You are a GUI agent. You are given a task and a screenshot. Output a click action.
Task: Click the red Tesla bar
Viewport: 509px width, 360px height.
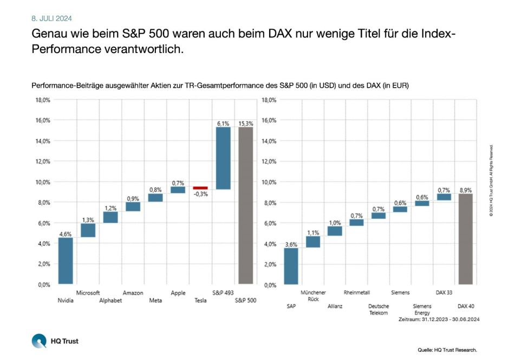coord(200,188)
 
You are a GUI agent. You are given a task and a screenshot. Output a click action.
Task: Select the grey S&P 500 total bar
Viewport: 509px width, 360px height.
coord(246,206)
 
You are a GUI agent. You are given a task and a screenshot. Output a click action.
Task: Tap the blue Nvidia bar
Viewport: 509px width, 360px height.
coord(66,261)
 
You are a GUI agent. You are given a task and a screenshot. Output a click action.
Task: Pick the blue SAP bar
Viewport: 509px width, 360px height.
coord(291,266)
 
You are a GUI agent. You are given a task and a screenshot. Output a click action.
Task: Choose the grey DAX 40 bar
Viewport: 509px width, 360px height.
coord(466,239)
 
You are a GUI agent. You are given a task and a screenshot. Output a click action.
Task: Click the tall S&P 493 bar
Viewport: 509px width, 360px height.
coord(223,158)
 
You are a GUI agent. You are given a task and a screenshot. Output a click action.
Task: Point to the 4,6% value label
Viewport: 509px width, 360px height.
coord(66,234)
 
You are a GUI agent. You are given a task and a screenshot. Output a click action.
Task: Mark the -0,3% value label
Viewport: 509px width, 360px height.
coord(200,194)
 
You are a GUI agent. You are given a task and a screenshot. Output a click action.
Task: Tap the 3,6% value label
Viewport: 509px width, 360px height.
coord(291,244)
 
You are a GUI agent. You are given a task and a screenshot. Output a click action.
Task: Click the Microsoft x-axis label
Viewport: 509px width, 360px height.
coord(88,293)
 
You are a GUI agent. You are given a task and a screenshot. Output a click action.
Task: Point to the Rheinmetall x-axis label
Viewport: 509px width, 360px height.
coord(356,292)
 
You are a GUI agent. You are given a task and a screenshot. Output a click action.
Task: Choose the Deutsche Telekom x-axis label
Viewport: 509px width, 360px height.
coord(379,309)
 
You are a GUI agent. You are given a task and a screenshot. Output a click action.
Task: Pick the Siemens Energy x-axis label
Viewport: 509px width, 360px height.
coord(422,309)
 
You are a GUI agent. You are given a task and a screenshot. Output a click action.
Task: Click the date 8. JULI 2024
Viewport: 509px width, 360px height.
coord(52,18)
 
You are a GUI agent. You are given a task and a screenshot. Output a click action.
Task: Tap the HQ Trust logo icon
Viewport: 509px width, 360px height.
coord(40,341)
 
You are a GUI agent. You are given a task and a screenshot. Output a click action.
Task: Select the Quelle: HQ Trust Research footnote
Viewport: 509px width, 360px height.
coord(447,350)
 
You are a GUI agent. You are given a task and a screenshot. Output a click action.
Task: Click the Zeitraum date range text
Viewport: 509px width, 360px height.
coord(439,320)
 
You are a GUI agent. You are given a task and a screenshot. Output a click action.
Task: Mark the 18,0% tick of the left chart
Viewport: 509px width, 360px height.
coord(43,100)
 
